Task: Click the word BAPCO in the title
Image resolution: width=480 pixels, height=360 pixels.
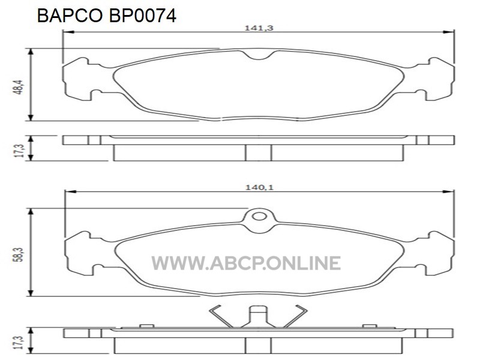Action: pyautogui.click(x=70, y=16)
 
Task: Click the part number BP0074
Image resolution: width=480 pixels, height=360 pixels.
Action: pyautogui.click(x=142, y=16)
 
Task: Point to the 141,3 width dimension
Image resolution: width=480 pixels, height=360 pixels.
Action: pyautogui.click(x=259, y=28)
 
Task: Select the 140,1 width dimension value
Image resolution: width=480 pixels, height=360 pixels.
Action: pyautogui.click(x=259, y=187)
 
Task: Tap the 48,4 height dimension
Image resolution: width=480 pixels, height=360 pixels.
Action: pyautogui.click(x=19, y=87)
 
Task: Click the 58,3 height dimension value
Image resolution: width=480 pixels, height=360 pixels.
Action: pyautogui.click(x=19, y=254)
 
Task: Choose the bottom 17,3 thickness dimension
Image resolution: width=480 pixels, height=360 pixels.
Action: pyautogui.click(x=19, y=343)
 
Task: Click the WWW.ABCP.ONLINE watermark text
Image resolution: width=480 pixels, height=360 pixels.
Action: pyautogui.click(x=246, y=263)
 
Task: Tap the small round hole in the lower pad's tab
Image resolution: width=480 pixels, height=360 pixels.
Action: pyautogui.click(x=259, y=217)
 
